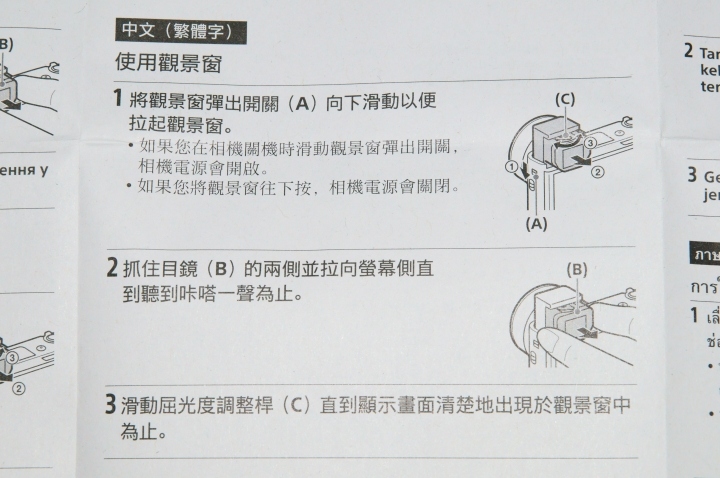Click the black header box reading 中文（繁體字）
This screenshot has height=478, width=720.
[178, 31]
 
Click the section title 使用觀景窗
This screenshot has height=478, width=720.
[167, 63]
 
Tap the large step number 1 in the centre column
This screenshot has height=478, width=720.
[118, 100]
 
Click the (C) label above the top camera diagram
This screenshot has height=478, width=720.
[565, 99]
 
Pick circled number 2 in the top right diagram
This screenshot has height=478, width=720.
[598, 171]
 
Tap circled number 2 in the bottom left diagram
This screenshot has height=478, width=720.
[18, 387]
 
